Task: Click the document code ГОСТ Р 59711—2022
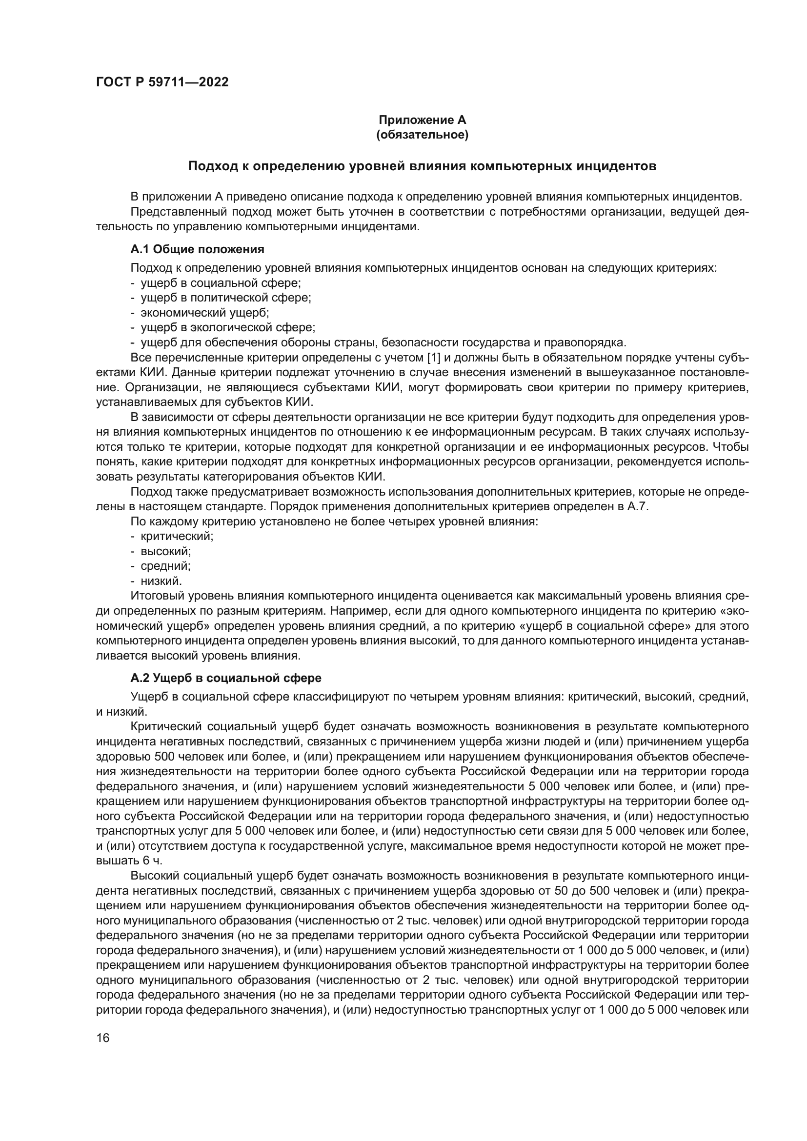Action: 162,82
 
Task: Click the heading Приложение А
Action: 422,120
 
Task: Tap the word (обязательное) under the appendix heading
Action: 422,135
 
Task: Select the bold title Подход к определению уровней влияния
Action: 422,166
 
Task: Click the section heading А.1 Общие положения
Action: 197,249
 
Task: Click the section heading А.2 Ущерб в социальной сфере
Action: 225,678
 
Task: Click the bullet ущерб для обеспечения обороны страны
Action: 383,343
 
